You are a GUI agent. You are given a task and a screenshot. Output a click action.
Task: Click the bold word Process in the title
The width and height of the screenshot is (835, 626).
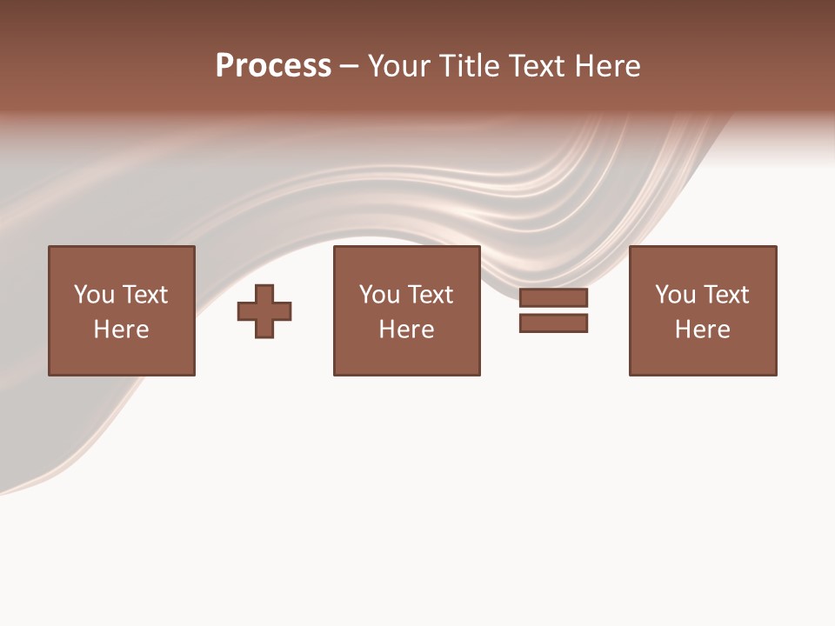[273, 66]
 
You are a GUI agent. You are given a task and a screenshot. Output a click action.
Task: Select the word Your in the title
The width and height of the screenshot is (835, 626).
[398, 66]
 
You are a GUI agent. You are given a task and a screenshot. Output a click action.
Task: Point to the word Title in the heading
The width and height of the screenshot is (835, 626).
[468, 66]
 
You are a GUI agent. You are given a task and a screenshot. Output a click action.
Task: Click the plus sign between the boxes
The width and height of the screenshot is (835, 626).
[264, 310]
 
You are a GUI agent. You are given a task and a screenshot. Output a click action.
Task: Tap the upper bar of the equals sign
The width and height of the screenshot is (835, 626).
[553, 297]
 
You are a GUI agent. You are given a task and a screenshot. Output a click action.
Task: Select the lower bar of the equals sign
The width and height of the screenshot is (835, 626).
[553, 323]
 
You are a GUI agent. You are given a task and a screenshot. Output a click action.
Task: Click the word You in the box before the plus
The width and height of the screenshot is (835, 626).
[94, 295]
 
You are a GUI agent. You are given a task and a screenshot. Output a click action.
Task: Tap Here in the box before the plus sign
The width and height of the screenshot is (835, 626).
[121, 330]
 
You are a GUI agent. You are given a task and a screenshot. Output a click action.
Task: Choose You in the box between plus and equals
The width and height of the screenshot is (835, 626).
[379, 295]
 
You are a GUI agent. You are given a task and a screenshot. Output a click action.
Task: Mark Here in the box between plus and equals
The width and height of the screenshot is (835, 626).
[406, 330]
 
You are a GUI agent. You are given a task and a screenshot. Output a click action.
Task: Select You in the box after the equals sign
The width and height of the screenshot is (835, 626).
[675, 295]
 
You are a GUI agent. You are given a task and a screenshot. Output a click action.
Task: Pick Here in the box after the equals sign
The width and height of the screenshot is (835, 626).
[702, 330]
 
